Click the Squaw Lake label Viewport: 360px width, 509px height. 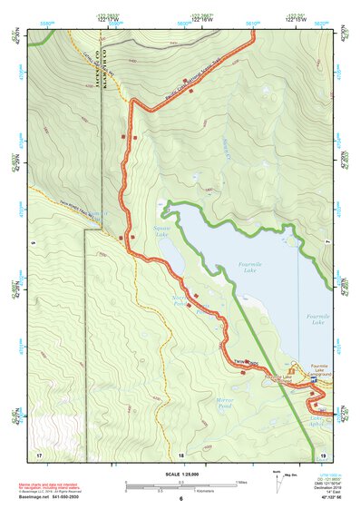pos(162,231)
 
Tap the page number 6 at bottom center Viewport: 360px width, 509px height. pos(180,499)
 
